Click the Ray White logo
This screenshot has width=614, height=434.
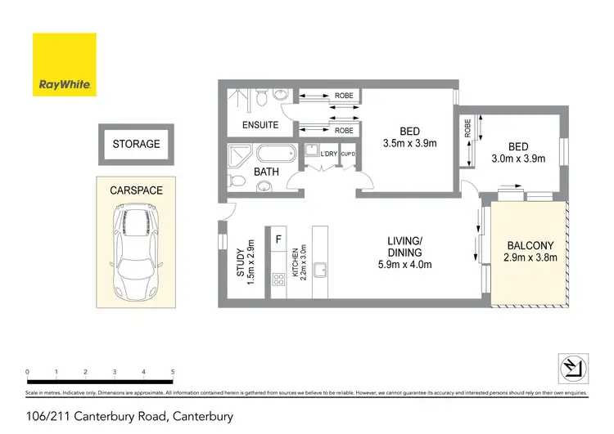[x=64, y=65]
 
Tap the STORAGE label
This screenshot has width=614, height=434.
[x=136, y=144]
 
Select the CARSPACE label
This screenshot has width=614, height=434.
[x=136, y=190]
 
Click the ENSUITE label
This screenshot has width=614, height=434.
[x=260, y=126]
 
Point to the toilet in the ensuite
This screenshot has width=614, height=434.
[x=261, y=99]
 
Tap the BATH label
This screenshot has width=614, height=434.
[x=266, y=172]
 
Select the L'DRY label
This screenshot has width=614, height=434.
[x=329, y=154]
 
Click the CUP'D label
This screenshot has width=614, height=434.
[x=348, y=154]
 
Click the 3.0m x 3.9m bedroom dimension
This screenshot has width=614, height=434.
[x=517, y=159]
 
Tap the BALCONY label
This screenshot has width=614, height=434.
[x=530, y=245]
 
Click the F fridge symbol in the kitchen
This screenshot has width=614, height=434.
[x=279, y=239]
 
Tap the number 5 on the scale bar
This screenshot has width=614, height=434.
[x=173, y=372]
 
